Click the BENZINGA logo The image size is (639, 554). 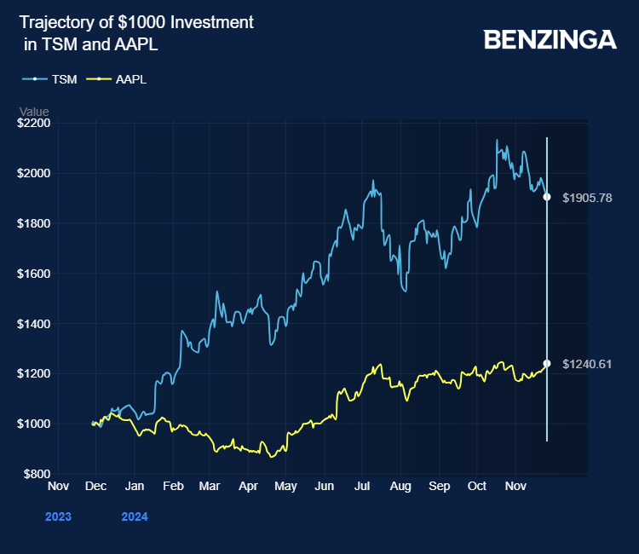[x=550, y=39]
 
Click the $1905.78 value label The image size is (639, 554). [x=587, y=198]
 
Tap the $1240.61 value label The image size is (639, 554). [x=587, y=364]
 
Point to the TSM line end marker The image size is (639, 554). [x=546, y=197]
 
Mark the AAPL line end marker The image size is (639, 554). [x=546, y=363]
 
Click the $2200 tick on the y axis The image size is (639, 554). [x=34, y=124]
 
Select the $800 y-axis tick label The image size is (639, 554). [x=37, y=474]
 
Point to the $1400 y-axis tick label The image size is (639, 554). [x=34, y=324]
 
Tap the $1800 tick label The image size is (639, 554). [x=34, y=223]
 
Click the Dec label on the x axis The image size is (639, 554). [x=95, y=487]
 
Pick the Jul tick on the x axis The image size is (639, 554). [x=362, y=487]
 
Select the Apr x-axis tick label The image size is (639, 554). [x=248, y=487]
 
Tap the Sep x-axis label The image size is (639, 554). [x=439, y=487]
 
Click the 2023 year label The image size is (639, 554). [x=58, y=516]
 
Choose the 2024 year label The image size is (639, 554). [x=135, y=516]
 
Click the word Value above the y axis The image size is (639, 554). [x=35, y=112]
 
